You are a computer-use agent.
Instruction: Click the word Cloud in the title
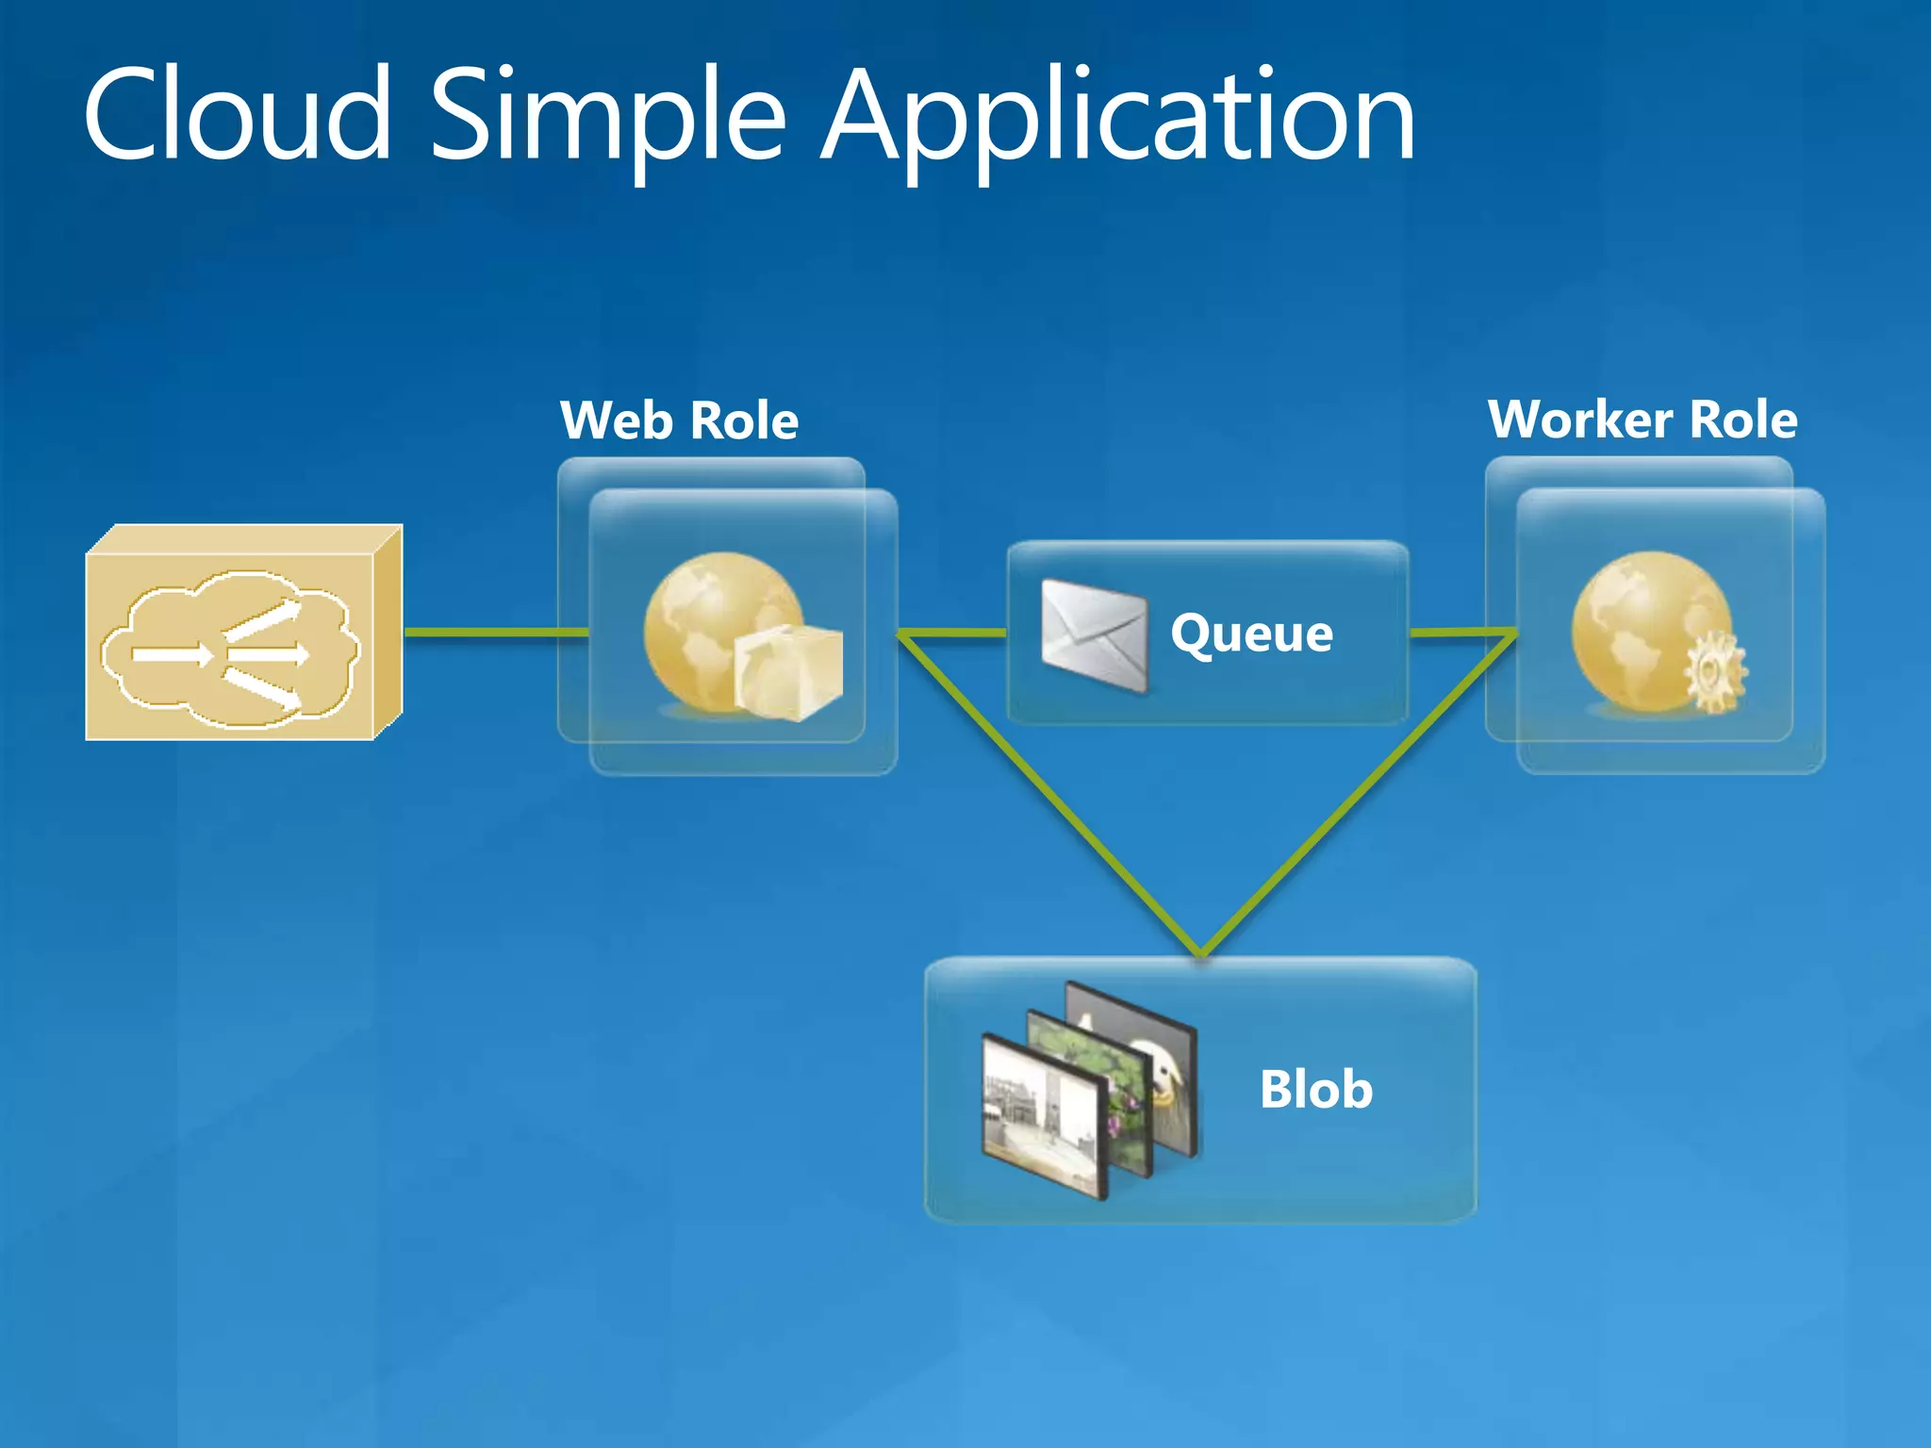(x=237, y=115)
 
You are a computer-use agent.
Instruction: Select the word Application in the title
(x=1117, y=118)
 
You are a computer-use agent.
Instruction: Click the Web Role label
(x=679, y=420)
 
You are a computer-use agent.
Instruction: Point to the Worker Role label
(x=1642, y=420)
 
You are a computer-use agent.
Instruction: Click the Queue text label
(x=1251, y=633)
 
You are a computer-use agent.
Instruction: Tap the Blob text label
(x=1315, y=1090)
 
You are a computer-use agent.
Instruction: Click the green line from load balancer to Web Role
(x=495, y=632)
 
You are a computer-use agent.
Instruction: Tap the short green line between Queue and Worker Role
(x=1461, y=633)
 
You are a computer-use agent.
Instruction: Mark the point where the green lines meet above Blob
(x=1201, y=952)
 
